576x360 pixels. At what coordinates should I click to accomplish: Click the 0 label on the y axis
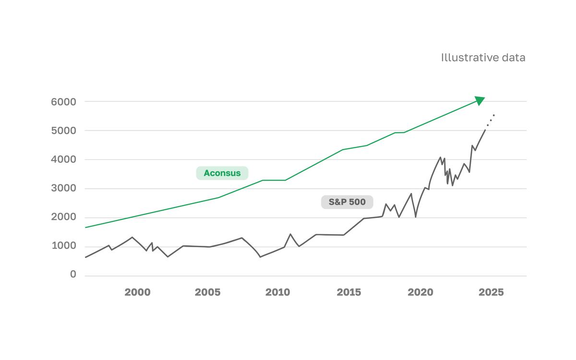coord(73,275)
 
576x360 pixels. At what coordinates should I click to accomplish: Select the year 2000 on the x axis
coord(137,292)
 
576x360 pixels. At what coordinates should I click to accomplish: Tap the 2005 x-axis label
coord(207,292)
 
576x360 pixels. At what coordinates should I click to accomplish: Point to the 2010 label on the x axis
coord(278,292)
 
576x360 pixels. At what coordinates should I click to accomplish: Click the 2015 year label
coord(349,292)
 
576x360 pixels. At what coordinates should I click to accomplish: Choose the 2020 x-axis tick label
coord(420,292)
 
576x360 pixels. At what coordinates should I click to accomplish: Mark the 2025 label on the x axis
coord(491,292)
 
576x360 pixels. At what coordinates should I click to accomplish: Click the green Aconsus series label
coord(222,173)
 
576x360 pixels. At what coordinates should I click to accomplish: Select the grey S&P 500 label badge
coord(347,202)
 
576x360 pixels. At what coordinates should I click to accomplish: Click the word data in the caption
coord(513,58)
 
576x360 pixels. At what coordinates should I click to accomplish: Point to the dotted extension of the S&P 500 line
coord(491,120)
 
